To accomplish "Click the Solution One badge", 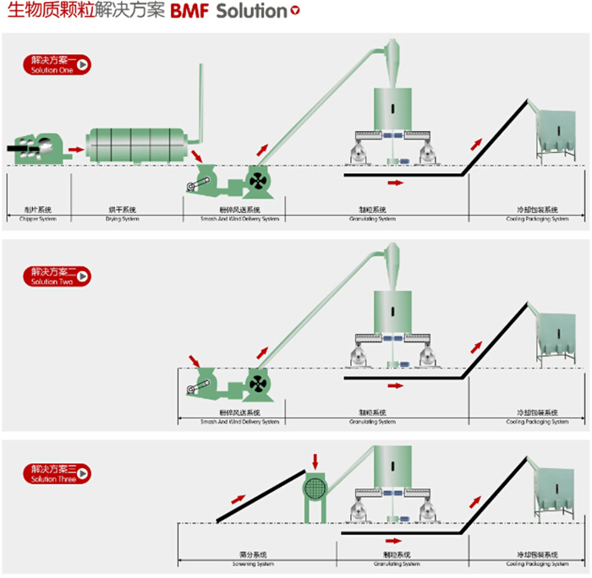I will pos(56,64).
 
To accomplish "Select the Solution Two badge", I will pos(56,276).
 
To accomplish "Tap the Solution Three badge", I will pos(56,473).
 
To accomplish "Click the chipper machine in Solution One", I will pos(36,150).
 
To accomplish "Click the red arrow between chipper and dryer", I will pos(76,150).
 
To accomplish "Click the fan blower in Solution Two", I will pos(258,384).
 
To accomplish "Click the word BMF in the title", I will pos(189,13).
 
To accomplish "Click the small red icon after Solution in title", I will pos(294,12).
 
